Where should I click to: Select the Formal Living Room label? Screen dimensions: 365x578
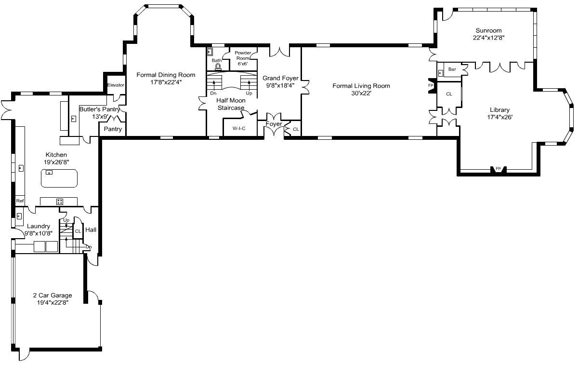pyautogui.click(x=361, y=86)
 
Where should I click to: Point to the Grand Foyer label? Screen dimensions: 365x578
pyautogui.click(x=280, y=78)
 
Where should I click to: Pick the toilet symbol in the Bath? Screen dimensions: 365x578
pyautogui.click(x=218, y=67)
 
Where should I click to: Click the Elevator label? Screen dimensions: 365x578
pyautogui.click(x=116, y=85)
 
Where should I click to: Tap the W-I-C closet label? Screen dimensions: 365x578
pyautogui.click(x=239, y=128)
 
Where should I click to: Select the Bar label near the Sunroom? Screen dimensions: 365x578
pyautogui.click(x=452, y=69)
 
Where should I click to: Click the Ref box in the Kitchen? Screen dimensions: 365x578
pyautogui.click(x=20, y=201)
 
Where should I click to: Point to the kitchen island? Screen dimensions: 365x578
pyautogui.click(x=59, y=178)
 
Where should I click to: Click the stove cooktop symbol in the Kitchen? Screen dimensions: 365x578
pyautogui.click(x=60, y=201)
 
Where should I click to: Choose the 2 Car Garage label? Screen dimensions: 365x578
pyautogui.click(x=53, y=296)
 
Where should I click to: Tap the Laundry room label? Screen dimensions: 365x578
pyautogui.click(x=38, y=226)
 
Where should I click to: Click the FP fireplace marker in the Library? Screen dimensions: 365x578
pyautogui.click(x=498, y=169)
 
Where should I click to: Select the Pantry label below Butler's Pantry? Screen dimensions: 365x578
pyautogui.click(x=113, y=129)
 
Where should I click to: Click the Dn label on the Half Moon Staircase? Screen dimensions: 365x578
pyautogui.click(x=213, y=93)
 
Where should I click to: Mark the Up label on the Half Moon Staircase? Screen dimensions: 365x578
pyautogui.click(x=249, y=93)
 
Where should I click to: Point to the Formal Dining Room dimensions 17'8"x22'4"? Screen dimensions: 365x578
pyautogui.click(x=166, y=82)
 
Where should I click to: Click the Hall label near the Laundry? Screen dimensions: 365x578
pyautogui.click(x=91, y=230)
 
